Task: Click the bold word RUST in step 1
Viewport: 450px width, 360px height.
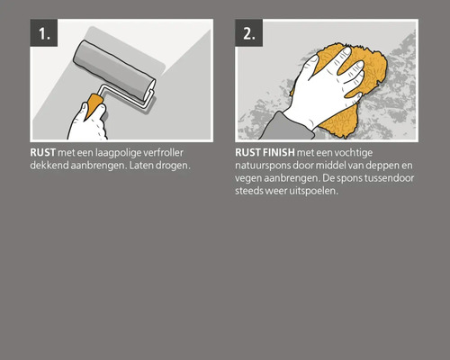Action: (x=41, y=154)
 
